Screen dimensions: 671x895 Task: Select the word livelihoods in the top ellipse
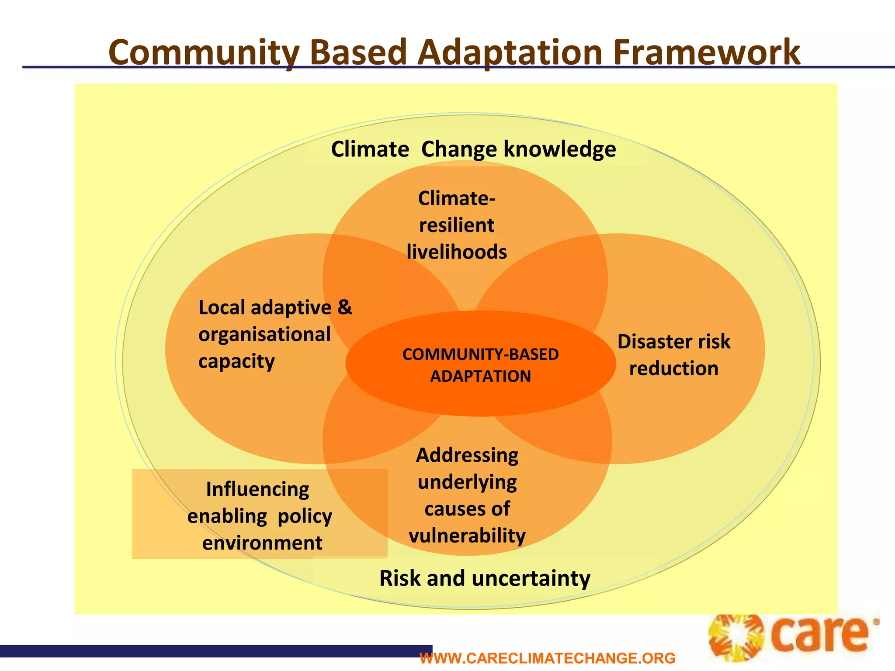[457, 252]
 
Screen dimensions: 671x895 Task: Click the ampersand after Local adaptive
[345, 307]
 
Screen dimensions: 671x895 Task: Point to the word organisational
[264, 335]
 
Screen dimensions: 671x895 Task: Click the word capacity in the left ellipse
[236, 362]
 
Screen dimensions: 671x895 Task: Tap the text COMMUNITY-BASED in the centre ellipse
[480, 354]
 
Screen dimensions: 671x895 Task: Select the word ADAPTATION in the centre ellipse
[480, 376]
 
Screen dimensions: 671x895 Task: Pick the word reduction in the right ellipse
[673, 369]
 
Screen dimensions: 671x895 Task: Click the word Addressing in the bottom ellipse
[467, 455]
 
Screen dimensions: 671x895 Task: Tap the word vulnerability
[467, 536]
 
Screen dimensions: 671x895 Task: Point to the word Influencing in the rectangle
[257, 489]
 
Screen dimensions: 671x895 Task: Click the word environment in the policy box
[262, 543]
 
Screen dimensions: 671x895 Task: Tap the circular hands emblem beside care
[736, 638]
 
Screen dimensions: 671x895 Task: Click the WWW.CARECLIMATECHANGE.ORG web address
[547, 658]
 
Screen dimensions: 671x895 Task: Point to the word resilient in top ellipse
[457, 225]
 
